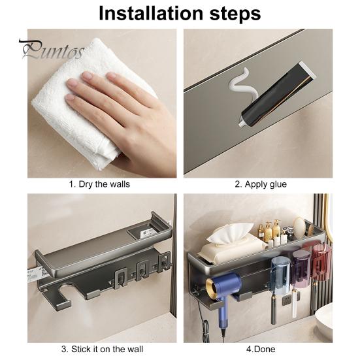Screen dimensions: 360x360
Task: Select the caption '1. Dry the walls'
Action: pos(99,184)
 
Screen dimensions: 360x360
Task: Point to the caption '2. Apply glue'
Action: pos(260,184)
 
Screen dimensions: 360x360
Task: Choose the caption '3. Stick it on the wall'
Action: pos(100,349)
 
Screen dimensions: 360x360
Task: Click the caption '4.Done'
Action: pos(260,349)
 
